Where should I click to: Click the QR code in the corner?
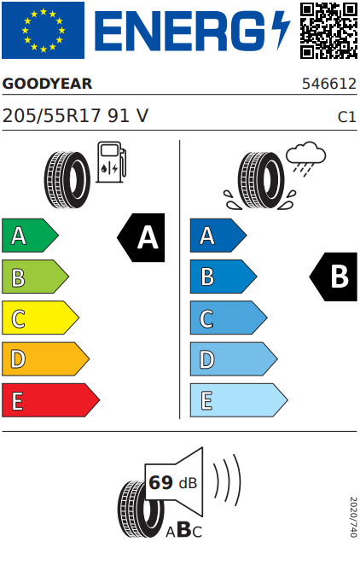tap(328, 31)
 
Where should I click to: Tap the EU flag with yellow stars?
tap(43, 30)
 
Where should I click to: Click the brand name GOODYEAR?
tap(47, 84)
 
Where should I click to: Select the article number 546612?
tap(329, 84)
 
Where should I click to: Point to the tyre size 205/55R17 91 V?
tap(75, 116)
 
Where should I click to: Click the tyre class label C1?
tap(346, 117)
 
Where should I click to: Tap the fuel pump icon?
tap(112, 162)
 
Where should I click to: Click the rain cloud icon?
tap(305, 159)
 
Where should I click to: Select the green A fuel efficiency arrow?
tap(30, 236)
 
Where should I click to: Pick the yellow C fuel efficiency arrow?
tap(40, 318)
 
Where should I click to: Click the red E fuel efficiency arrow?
tap(50, 399)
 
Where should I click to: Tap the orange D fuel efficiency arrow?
tap(45, 358)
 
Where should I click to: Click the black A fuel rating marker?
tap(141, 237)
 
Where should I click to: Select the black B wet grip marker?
tap(333, 277)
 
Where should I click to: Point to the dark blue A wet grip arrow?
tap(218, 236)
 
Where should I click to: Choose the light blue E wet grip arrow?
tap(239, 399)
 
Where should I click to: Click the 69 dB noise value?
tap(172, 483)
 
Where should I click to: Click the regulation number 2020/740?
tap(353, 517)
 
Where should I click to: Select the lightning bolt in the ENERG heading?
tap(281, 30)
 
